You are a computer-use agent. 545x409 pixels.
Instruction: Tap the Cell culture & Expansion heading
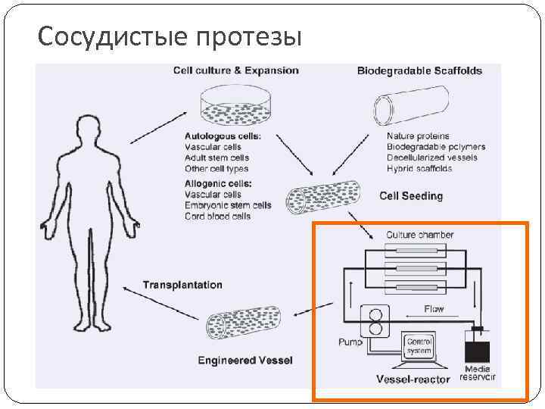click(x=235, y=70)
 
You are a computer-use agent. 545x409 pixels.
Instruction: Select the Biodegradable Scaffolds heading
click(x=419, y=71)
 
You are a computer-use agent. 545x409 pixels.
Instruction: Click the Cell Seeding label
click(x=411, y=195)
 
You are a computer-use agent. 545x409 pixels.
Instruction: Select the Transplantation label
click(x=183, y=285)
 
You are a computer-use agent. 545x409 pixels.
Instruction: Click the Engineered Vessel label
click(x=244, y=360)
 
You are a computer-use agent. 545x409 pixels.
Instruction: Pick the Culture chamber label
click(x=420, y=235)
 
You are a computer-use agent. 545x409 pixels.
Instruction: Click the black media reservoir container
click(x=477, y=351)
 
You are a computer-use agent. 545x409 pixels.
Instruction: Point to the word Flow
click(x=434, y=309)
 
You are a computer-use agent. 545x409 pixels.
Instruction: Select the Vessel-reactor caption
click(x=413, y=379)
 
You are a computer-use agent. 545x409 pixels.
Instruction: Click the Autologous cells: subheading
click(x=223, y=136)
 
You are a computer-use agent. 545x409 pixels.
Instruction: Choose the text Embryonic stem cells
click(x=228, y=205)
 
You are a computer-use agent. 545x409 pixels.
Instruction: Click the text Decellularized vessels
click(x=431, y=158)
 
